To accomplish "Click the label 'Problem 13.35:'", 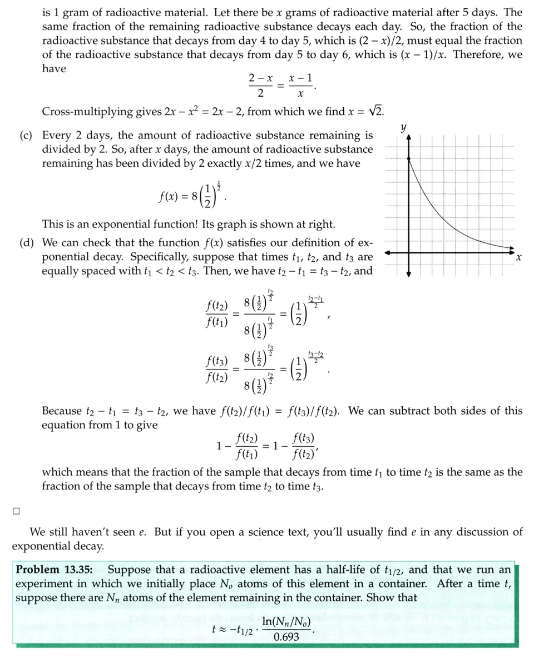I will click(x=55, y=570).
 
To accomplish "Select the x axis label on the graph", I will click(x=518, y=258).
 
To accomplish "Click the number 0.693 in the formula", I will click(x=286, y=637).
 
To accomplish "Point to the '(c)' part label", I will click(x=22, y=135).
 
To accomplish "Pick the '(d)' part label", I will click(x=22, y=243).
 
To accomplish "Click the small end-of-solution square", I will click(x=17, y=510).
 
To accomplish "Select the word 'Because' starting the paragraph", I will click(x=62, y=411).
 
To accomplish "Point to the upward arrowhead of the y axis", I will click(x=409, y=139).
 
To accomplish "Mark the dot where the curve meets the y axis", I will click(x=409, y=159).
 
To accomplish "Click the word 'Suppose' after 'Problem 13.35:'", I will click(x=127, y=570).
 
